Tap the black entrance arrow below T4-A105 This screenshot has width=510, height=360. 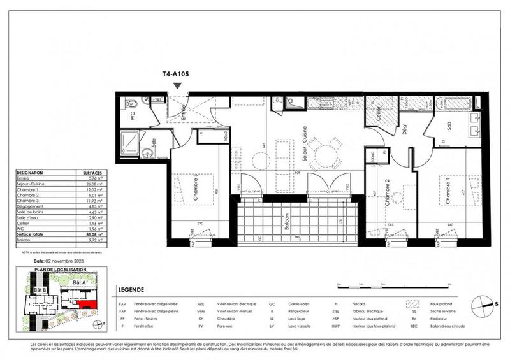[x=177, y=85]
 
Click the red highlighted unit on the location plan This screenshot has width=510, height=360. [x=93, y=306]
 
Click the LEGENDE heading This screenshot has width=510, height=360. [x=131, y=290]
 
